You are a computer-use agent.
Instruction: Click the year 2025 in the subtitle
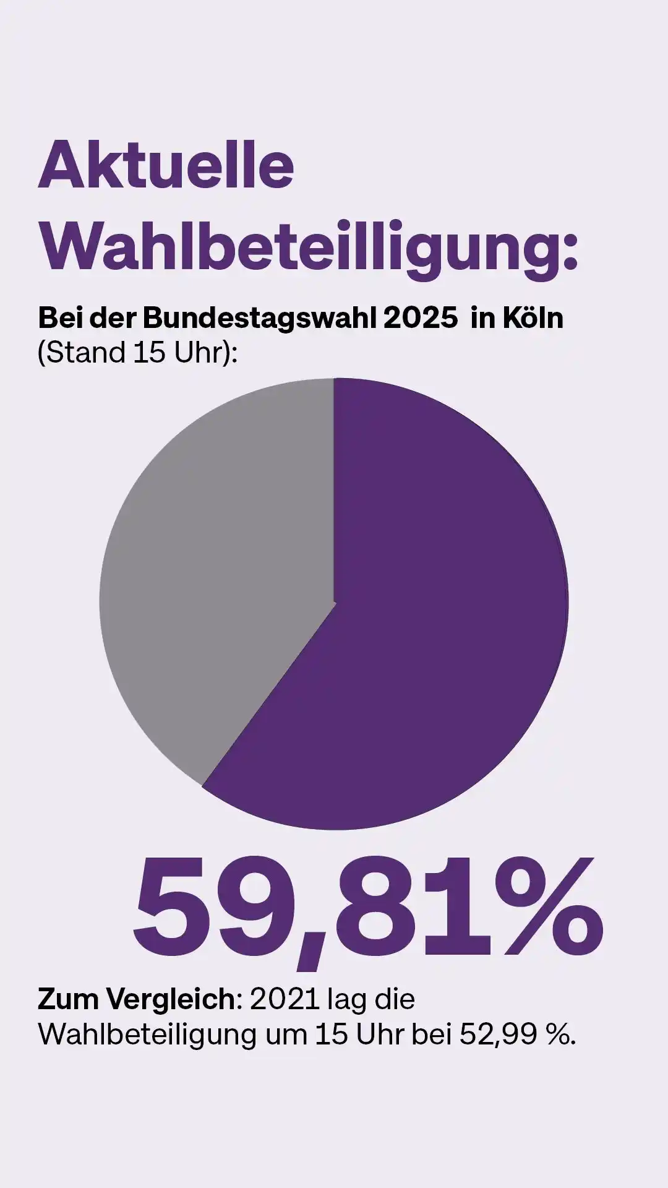(421, 319)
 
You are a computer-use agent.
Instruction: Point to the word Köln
(533, 319)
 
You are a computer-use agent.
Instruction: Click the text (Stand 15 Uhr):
(137, 353)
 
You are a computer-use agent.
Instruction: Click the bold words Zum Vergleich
(136, 999)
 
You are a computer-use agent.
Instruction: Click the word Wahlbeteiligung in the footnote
(147, 1034)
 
